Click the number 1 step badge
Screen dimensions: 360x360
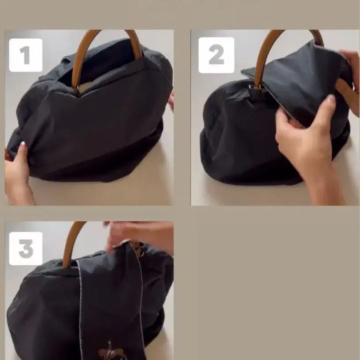26,55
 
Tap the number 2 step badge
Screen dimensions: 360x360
216,55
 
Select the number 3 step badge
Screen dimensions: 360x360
26,249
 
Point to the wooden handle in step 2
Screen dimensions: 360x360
264,53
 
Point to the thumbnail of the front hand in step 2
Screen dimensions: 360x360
330,98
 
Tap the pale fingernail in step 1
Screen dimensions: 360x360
22,144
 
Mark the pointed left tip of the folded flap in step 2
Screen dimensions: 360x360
242,71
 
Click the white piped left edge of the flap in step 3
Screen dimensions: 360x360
80,310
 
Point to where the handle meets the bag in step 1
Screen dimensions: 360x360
76,89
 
